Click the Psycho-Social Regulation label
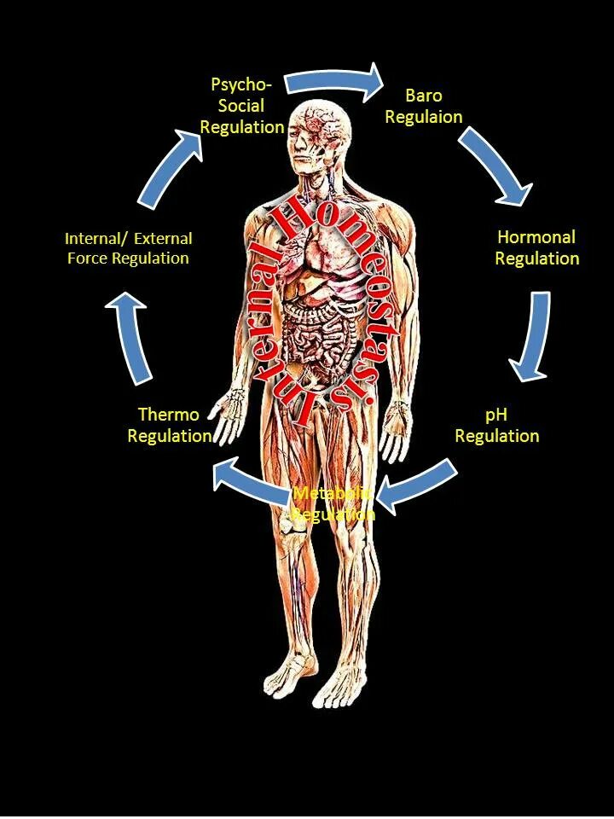[247, 106]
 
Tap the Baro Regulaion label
[424, 106]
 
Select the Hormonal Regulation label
[536, 247]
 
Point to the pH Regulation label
[496, 425]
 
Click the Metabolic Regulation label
[333, 504]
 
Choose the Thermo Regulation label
[169, 425]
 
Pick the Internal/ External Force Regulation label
[128, 247]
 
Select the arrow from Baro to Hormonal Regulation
[497, 167]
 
